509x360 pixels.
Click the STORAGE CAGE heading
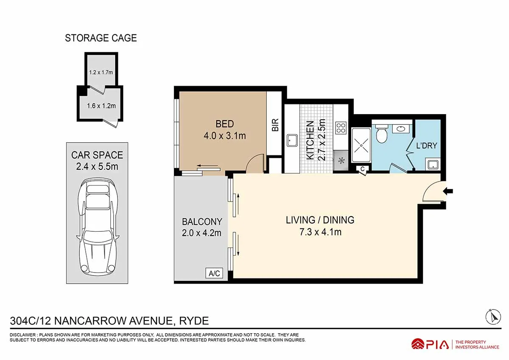point(101,38)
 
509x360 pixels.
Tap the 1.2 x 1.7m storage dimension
point(101,72)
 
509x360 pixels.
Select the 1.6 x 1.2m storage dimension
point(101,106)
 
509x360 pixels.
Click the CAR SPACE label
point(97,155)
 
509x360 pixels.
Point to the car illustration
point(98,227)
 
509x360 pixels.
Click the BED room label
point(224,124)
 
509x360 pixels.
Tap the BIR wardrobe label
point(275,124)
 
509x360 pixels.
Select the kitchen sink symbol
point(291,140)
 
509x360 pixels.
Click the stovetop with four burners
point(341,128)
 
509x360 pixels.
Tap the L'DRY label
point(426,146)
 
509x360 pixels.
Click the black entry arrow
point(447,192)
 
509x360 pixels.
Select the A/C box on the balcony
point(214,273)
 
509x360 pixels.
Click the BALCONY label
point(202,222)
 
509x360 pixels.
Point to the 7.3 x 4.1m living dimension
point(320,232)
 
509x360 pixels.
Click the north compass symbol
point(492,316)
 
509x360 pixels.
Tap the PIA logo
point(430,344)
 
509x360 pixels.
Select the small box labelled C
point(363,169)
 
